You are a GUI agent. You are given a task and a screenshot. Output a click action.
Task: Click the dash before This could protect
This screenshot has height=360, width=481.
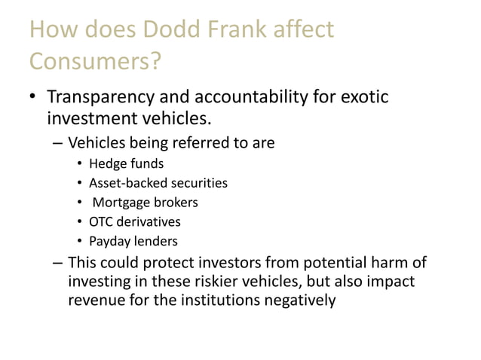58,264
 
